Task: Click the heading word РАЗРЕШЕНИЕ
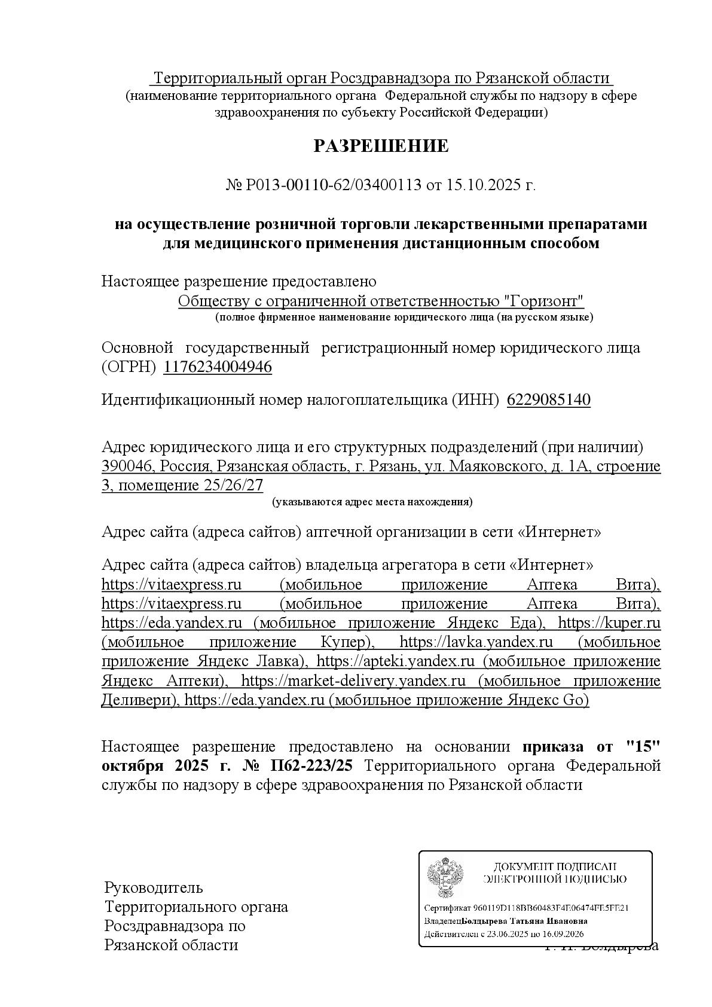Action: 381,146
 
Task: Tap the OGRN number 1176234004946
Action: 218,367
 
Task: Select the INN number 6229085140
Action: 548,400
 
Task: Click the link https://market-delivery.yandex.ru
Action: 353,681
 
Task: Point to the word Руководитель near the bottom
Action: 154,887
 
